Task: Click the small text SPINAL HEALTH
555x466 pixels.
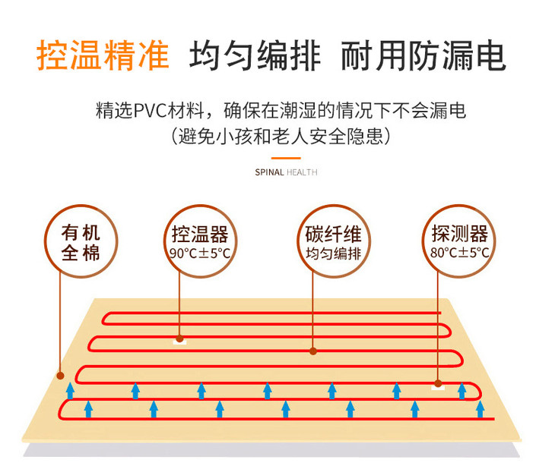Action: pos(286,172)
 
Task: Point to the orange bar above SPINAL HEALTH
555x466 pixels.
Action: pos(286,158)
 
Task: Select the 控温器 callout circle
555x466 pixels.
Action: pos(200,241)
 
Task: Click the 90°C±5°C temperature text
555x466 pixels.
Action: pos(200,253)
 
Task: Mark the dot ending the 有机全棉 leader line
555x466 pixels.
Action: pos(59,374)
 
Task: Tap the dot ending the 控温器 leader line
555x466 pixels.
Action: pos(180,339)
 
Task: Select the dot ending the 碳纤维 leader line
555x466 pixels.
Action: pos(312,351)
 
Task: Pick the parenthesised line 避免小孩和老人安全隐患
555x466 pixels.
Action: pos(282,137)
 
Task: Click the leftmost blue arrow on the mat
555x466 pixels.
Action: pos(69,391)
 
